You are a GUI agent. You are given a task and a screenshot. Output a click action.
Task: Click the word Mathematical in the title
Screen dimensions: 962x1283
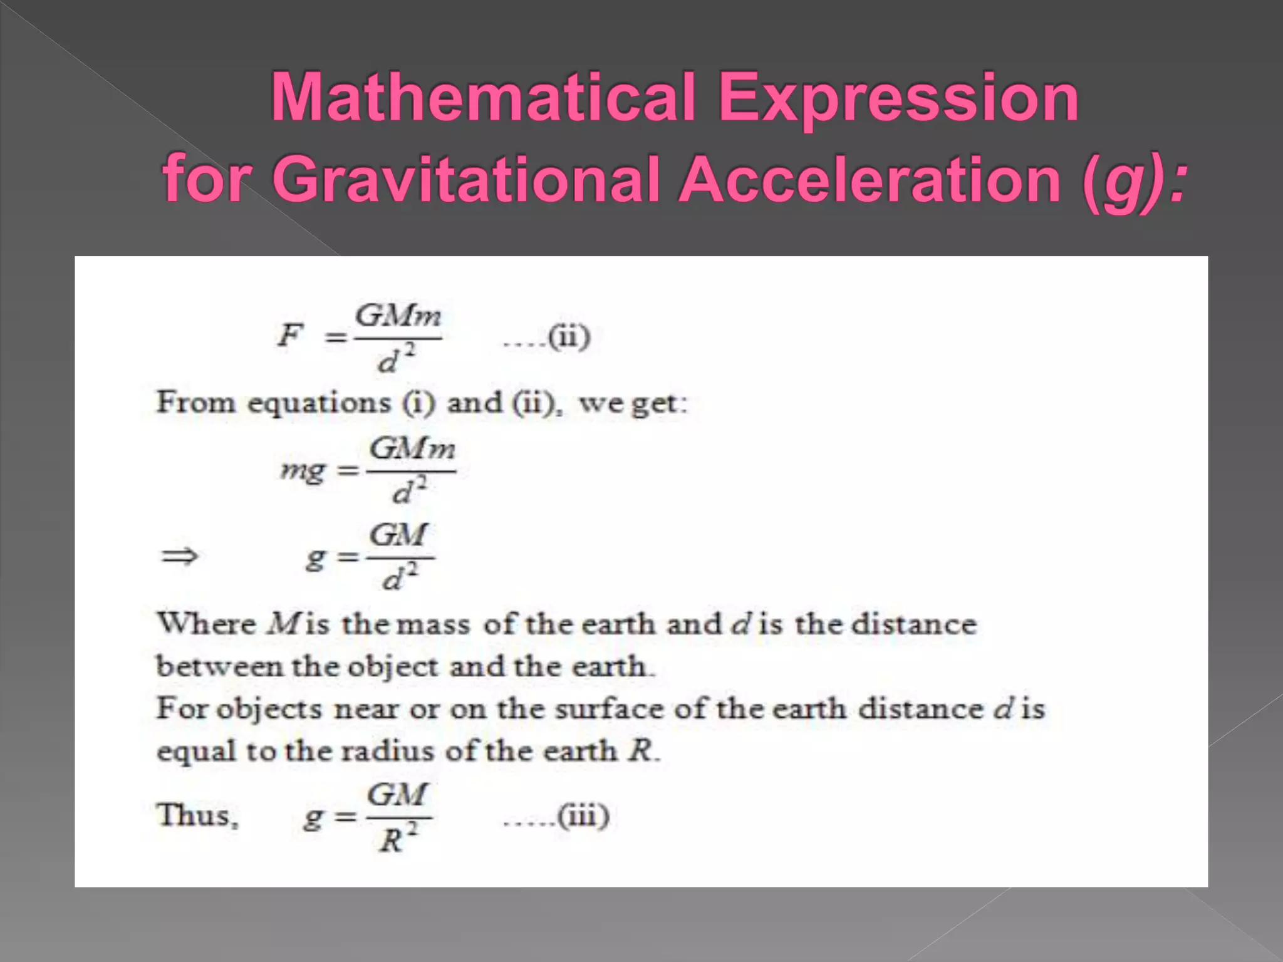[x=482, y=97]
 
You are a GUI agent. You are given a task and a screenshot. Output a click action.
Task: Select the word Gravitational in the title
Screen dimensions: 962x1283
[x=466, y=180]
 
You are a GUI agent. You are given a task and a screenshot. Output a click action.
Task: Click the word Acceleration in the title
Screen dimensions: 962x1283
[x=870, y=180]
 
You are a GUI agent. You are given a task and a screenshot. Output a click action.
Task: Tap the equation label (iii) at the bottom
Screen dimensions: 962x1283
[x=583, y=816]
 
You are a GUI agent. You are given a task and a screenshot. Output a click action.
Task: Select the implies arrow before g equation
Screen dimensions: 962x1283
[x=179, y=556]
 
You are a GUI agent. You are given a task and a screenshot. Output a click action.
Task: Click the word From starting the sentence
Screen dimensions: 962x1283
[x=195, y=402]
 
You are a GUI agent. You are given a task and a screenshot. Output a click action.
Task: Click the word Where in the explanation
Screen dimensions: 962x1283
[x=207, y=624]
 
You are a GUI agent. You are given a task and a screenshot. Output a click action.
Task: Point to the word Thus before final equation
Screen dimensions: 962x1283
[x=197, y=815]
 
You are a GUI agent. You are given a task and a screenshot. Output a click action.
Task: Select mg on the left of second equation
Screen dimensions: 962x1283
[x=303, y=470]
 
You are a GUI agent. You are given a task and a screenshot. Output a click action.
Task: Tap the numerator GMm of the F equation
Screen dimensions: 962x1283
[x=398, y=316]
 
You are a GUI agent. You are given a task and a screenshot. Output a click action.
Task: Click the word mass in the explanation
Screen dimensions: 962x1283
[x=434, y=624]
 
